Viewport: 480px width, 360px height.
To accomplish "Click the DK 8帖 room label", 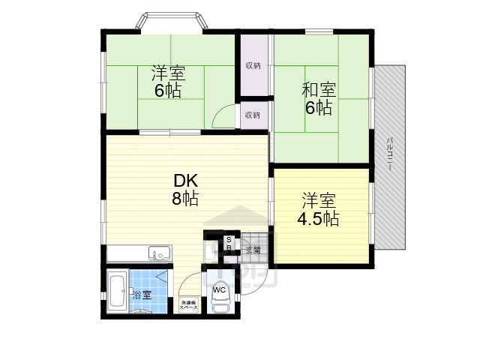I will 186,190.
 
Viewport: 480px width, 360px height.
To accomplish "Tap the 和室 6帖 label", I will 319,99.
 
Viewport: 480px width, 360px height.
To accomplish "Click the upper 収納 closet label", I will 253,66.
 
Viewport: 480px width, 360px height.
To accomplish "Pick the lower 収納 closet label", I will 253,115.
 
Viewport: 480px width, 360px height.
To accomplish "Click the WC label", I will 220,289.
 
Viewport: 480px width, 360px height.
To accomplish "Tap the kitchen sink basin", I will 158,253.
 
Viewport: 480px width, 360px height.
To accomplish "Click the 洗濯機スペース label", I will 188,305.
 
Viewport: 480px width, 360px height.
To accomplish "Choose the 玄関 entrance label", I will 252,250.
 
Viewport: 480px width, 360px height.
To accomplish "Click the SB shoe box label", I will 229,244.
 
